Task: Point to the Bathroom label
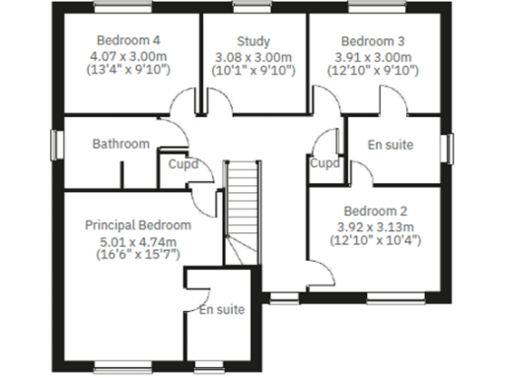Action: [121, 144]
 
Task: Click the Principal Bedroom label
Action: [138, 225]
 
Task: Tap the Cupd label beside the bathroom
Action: [182, 164]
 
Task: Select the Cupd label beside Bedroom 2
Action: [325, 164]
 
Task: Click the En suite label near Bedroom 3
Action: [390, 146]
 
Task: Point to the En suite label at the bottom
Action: [221, 310]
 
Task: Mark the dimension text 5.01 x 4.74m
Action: [137, 240]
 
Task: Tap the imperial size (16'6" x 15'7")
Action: [137, 254]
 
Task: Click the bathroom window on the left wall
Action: [56, 144]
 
